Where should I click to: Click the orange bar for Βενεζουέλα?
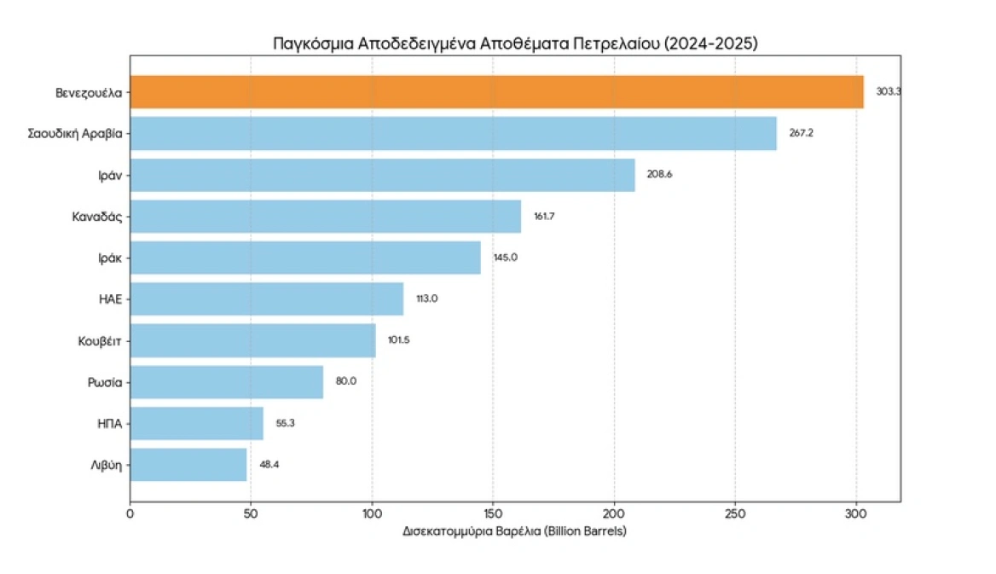(x=496, y=91)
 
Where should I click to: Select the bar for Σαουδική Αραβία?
(x=453, y=133)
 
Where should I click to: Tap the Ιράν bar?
(x=382, y=175)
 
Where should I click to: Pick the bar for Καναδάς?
(x=325, y=216)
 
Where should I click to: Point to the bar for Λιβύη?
(x=188, y=465)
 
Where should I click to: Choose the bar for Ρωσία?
(x=227, y=381)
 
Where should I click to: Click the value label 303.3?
(x=888, y=91)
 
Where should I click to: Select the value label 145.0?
(x=505, y=258)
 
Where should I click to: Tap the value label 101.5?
(x=399, y=340)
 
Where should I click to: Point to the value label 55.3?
(x=286, y=423)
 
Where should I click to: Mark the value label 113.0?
(x=426, y=299)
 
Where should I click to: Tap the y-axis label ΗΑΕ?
(x=110, y=299)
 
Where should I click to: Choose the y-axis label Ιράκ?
(x=108, y=258)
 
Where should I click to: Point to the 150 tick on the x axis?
(x=493, y=513)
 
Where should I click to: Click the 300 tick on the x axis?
(x=856, y=513)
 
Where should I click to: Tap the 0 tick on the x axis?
(x=130, y=513)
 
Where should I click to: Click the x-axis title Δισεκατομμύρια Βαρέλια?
(x=514, y=531)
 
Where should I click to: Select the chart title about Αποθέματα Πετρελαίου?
(x=514, y=43)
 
